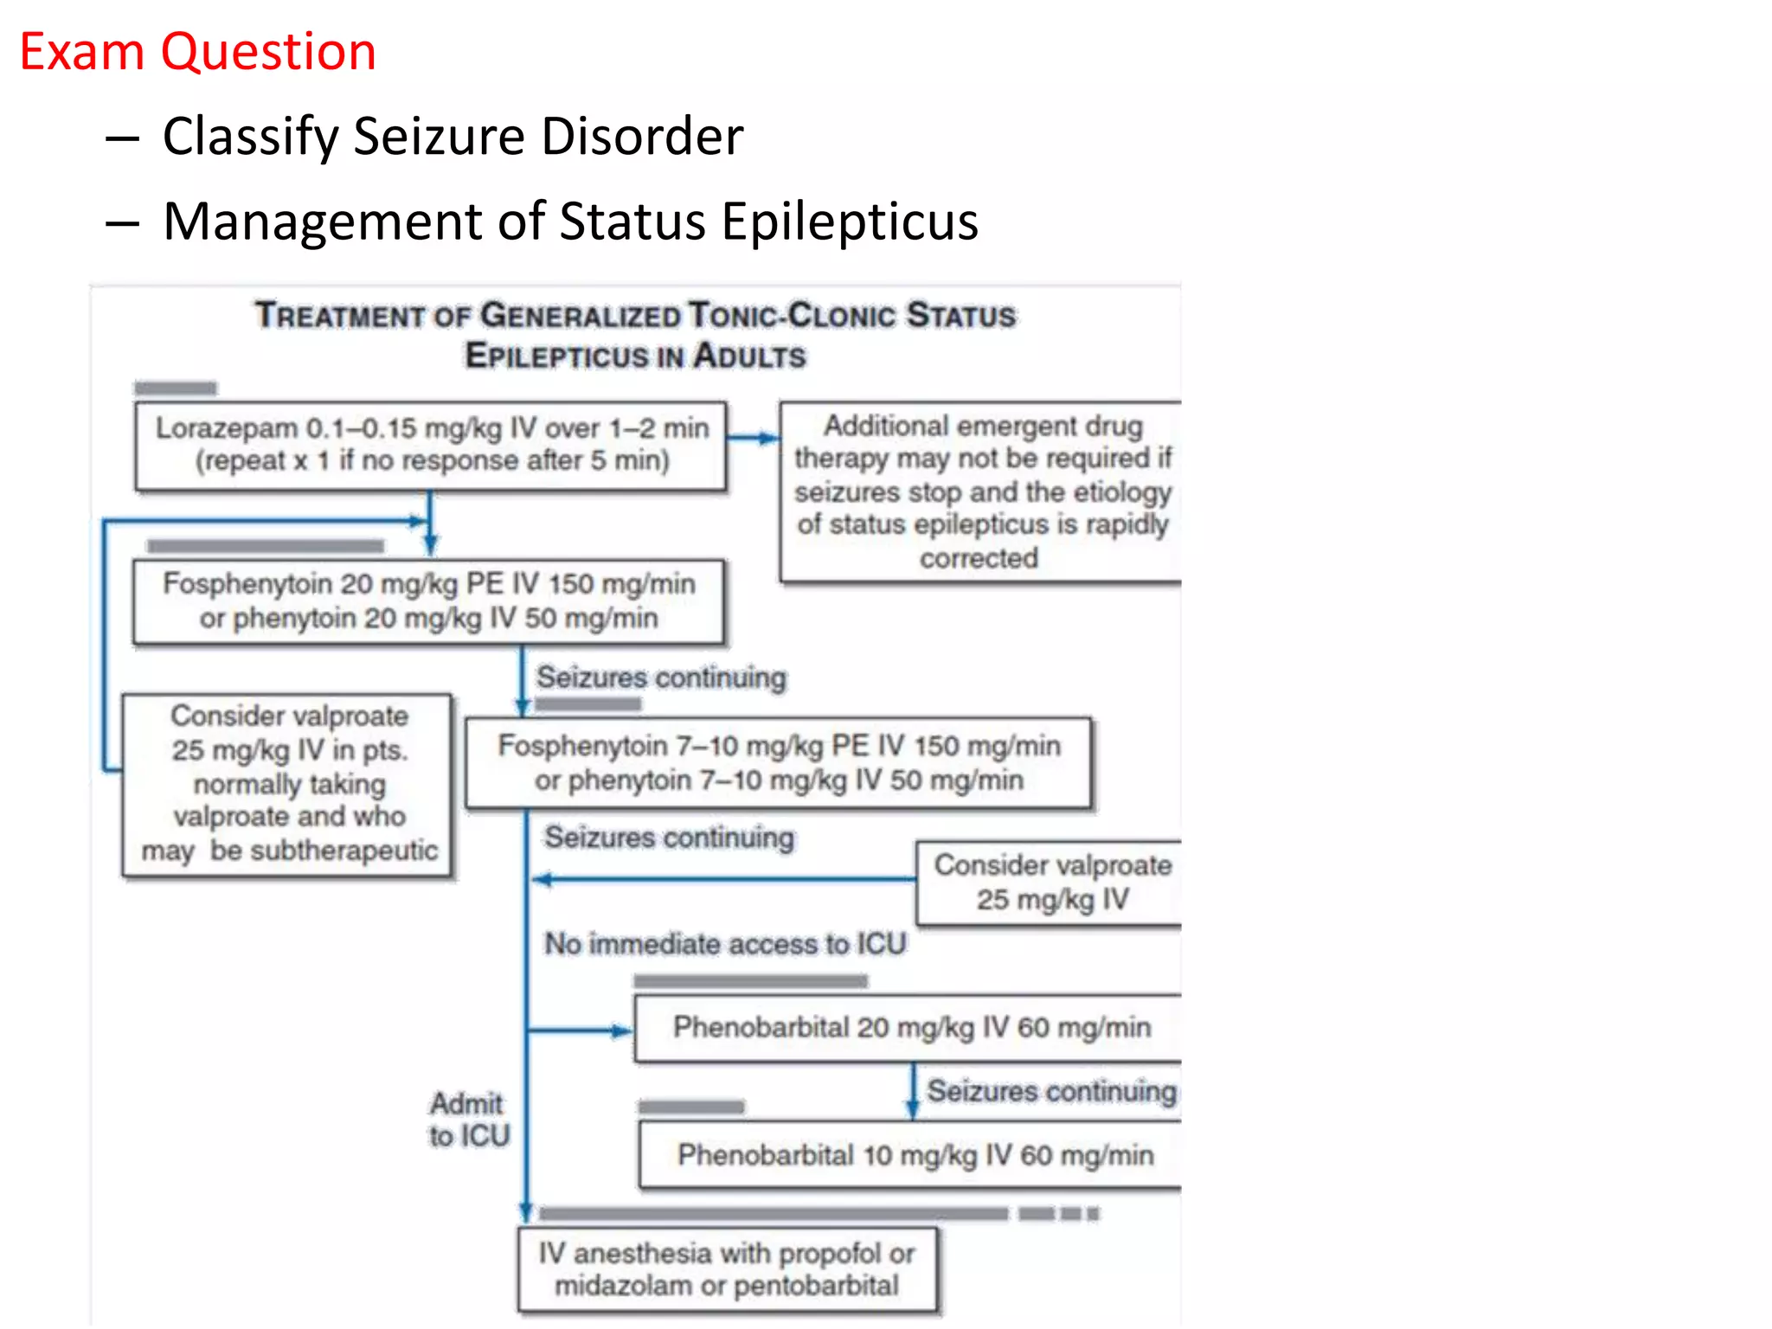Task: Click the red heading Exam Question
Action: [197, 52]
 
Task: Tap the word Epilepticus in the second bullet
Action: [850, 221]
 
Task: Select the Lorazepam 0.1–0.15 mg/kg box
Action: [431, 446]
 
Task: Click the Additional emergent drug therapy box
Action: [981, 491]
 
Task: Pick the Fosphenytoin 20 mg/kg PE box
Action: [428, 601]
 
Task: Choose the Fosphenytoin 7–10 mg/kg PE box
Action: [778, 763]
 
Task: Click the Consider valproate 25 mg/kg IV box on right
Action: [1050, 883]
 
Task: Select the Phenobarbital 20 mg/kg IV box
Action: [910, 1028]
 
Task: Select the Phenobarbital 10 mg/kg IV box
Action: [914, 1155]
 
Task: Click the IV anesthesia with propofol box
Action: [727, 1269]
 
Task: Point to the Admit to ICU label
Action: [469, 1120]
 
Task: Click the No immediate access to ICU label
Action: [725, 944]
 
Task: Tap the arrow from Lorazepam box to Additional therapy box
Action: [752, 438]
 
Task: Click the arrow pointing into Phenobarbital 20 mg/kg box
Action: [580, 1030]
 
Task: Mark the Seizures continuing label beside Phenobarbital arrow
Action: [1050, 1092]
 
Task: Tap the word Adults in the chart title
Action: [749, 356]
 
